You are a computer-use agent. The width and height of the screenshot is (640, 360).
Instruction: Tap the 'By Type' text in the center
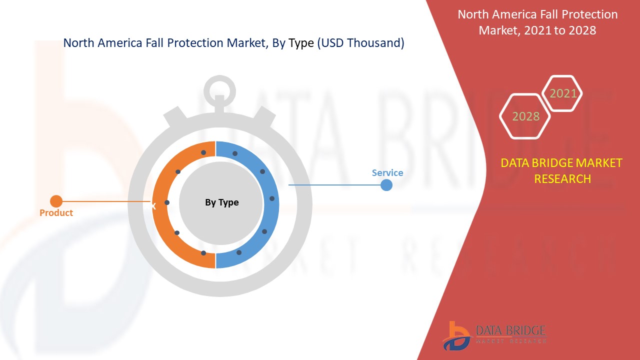221,202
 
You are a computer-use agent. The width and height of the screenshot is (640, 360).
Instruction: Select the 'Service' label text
387,172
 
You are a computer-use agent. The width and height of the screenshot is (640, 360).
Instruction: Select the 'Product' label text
56,212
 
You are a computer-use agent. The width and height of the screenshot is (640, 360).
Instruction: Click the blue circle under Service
386,185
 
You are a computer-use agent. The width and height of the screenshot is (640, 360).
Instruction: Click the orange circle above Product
56,201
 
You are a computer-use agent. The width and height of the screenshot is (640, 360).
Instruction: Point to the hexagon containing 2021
563,93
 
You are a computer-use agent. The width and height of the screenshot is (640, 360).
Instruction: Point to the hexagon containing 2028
525,116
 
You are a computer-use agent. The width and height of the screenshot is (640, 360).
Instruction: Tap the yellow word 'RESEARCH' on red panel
562,178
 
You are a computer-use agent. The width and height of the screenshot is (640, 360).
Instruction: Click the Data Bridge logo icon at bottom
456,335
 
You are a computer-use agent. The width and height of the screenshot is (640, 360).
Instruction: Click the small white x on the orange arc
154,205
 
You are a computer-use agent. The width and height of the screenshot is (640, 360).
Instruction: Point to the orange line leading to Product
105,201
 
